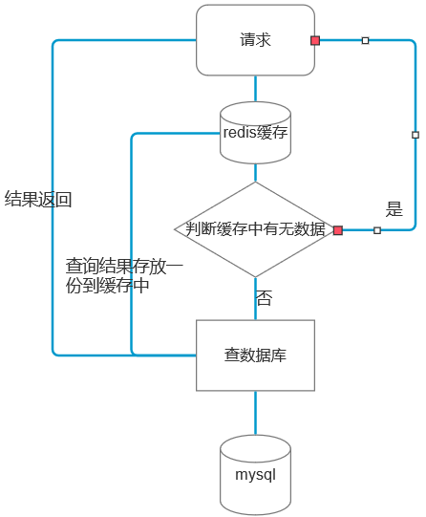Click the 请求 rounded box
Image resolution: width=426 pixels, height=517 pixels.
(x=255, y=40)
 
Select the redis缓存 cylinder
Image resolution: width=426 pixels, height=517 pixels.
(x=255, y=133)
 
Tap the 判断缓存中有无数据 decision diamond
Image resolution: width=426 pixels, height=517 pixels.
(x=255, y=229)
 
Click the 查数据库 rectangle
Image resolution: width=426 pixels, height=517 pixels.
(x=255, y=355)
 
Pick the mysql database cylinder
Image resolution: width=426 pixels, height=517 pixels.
(x=255, y=474)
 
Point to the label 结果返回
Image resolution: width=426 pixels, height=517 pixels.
(x=38, y=200)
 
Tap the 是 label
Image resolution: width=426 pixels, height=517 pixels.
(x=394, y=209)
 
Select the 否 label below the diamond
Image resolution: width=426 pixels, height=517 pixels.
(x=264, y=298)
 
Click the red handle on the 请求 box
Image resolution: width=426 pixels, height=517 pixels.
(x=315, y=40)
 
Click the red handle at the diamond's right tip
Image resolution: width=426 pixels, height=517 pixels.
(x=338, y=230)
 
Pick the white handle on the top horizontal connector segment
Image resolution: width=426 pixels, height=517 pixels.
(x=365, y=40)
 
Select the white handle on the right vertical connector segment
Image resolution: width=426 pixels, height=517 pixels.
(x=415, y=135)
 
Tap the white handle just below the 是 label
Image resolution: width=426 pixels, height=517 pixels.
(x=377, y=230)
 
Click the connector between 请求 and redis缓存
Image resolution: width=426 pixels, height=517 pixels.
(x=255, y=88)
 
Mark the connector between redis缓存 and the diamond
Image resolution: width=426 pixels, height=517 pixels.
(x=255, y=172)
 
